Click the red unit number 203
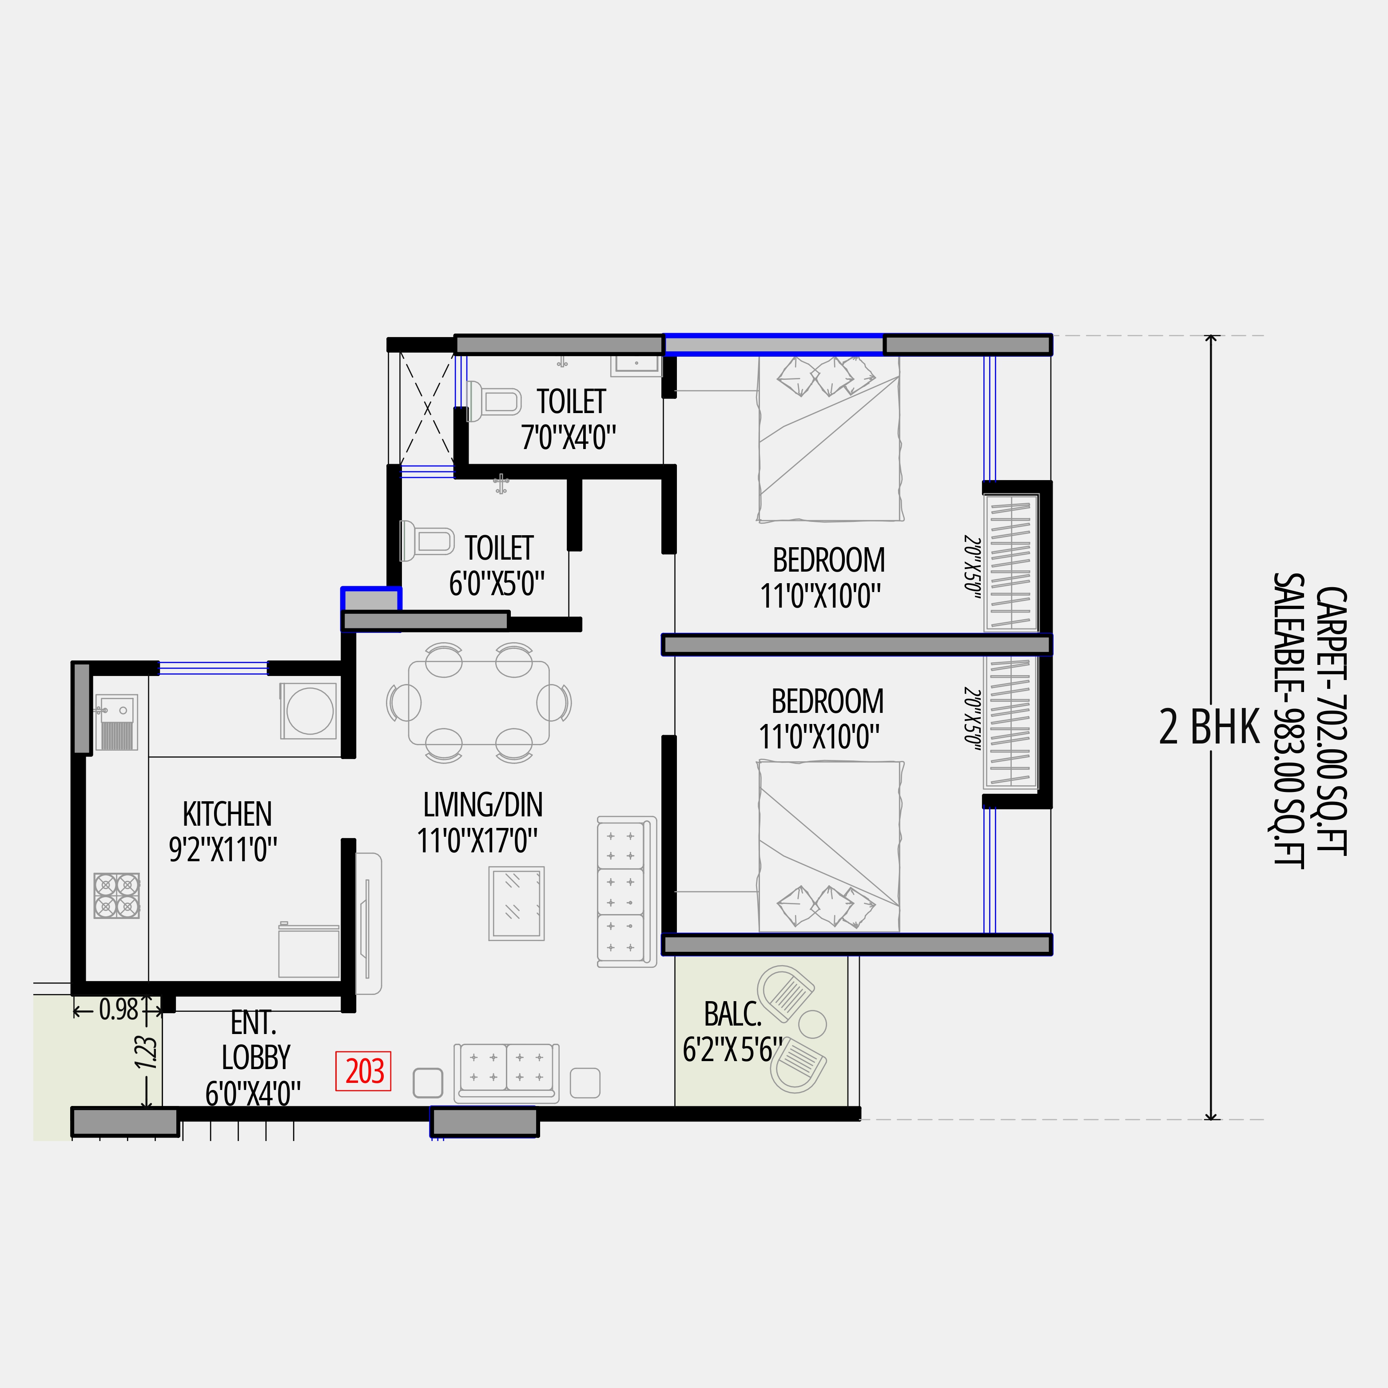[363, 1071]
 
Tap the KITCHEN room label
[227, 814]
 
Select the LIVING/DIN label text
[483, 805]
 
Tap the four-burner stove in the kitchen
[116, 895]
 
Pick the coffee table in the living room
[516, 903]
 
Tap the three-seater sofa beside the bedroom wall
[626, 891]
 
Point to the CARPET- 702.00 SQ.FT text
[1331, 720]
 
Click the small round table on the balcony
[812, 1024]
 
